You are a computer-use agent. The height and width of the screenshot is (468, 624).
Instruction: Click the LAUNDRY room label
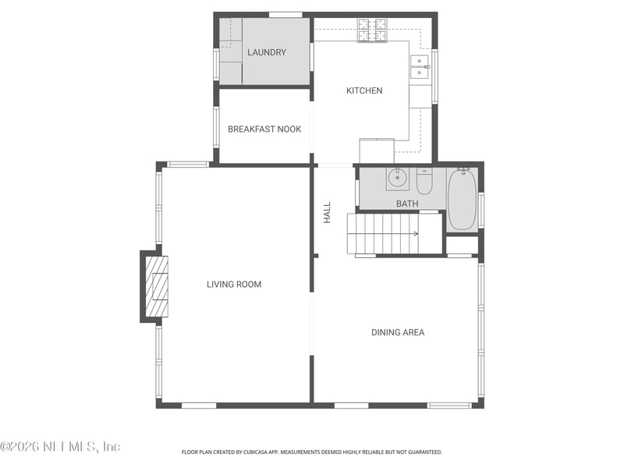pyautogui.click(x=267, y=52)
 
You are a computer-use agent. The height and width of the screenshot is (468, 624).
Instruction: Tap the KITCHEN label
pyautogui.click(x=364, y=90)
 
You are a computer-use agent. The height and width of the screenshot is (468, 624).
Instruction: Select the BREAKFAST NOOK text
pyautogui.click(x=264, y=129)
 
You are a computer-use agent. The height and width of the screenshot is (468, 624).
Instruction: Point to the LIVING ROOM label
pyautogui.click(x=234, y=284)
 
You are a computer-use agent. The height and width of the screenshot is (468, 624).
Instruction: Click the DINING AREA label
pyautogui.click(x=398, y=332)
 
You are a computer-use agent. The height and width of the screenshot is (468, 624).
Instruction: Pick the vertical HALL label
pyautogui.click(x=328, y=213)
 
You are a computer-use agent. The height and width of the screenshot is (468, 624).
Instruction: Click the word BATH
pyautogui.click(x=407, y=204)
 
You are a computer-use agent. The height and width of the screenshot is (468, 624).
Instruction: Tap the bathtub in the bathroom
pyautogui.click(x=462, y=200)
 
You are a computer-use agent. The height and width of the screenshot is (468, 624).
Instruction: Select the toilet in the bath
pyautogui.click(x=424, y=182)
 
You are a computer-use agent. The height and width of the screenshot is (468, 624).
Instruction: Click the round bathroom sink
pyautogui.click(x=398, y=179)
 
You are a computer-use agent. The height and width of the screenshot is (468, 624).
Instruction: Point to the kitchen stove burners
pyautogui.click(x=372, y=30)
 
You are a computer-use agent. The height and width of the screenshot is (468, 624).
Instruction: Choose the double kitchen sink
pyautogui.click(x=420, y=66)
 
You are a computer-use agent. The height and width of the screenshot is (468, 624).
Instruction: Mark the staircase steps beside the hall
pyautogui.click(x=383, y=233)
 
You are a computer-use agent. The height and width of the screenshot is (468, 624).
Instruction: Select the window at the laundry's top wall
pyautogui.click(x=285, y=15)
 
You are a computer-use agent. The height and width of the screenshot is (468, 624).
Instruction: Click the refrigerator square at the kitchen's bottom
pyautogui.click(x=376, y=151)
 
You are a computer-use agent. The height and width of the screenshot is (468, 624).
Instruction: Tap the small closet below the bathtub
pyautogui.click(x=463, y=245)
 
